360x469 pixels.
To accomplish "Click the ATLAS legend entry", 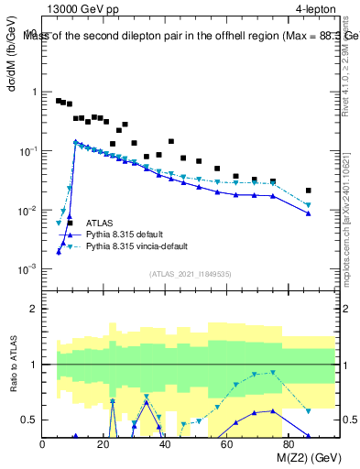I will point(100,223).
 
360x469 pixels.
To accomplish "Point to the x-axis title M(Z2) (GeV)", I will point(298,458).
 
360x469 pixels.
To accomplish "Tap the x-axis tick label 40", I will point(166,444).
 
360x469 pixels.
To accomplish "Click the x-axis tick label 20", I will point(104,444).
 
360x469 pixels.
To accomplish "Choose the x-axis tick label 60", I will point(227,444).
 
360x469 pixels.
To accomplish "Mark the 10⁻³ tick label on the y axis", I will point(27,269).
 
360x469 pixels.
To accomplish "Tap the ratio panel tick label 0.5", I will point(30,420).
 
